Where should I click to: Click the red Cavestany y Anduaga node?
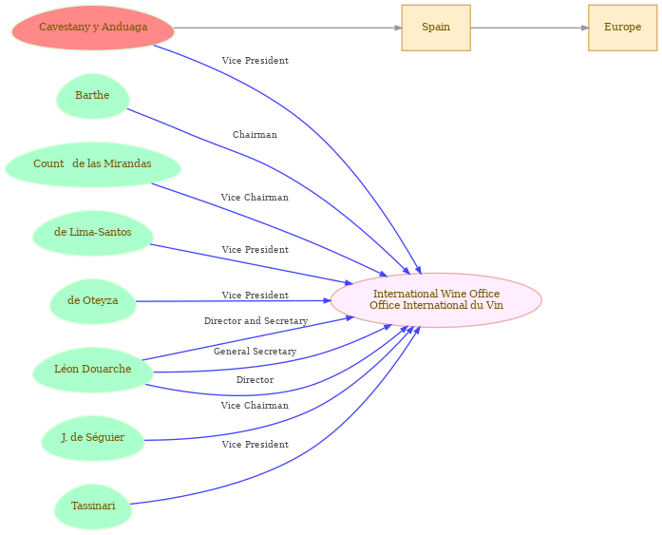coord(93,28)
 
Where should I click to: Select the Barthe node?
coord(92,96)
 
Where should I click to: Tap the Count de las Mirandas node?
coord(92,164)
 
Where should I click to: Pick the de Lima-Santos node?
coord(92,233)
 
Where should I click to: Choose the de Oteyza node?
coord(92,301)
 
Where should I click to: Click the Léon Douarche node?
coord(92,370)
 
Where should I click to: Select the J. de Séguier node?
coord(92,438)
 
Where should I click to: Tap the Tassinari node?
coord(92,506)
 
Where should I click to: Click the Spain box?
coord(436,28)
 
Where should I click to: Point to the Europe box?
coord(622,28)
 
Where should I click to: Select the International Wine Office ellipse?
coord(436,300)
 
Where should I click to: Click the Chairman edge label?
coord(255,135)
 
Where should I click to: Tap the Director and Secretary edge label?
coord(255,321)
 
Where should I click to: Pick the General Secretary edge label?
coord(255,352)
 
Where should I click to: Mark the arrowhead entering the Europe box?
coord(583,28)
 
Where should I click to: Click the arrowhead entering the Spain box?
coord(397,28)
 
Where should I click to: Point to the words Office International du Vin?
coord(436,306)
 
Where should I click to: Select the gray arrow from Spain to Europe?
coord(528,28)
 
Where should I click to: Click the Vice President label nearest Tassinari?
coord(255,445)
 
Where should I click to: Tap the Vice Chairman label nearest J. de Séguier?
coord(255,406)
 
